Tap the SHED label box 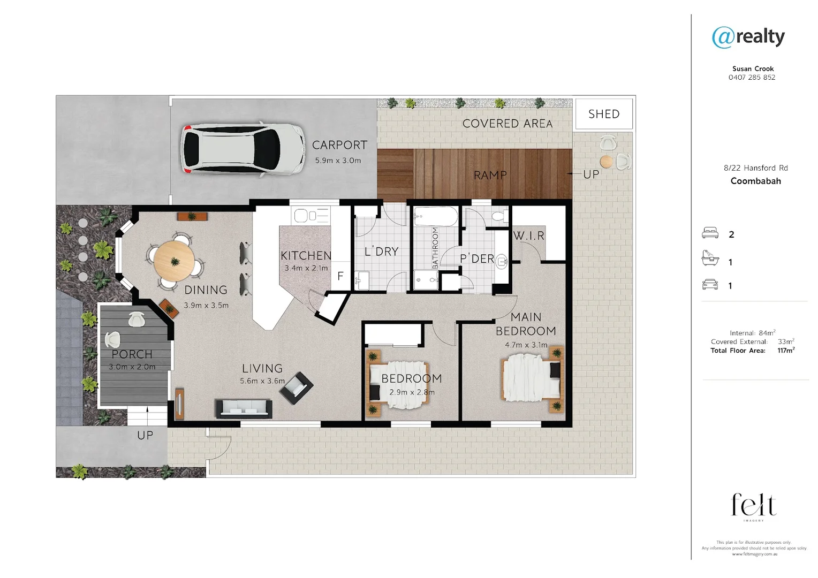[603, 114]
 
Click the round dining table [174, 261]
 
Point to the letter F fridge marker [340, 276]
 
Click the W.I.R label [528, 235]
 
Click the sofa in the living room [244, 408]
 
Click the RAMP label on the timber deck [490, 175]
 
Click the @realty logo [748, 37]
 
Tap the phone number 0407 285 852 [752, 77]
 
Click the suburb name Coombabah [755, 181]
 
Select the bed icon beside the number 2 [710, 233]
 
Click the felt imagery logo [754, 506]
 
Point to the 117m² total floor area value [785, 351]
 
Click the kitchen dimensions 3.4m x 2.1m [306, 268]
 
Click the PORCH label [132, 354]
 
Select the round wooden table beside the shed [606, 161]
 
